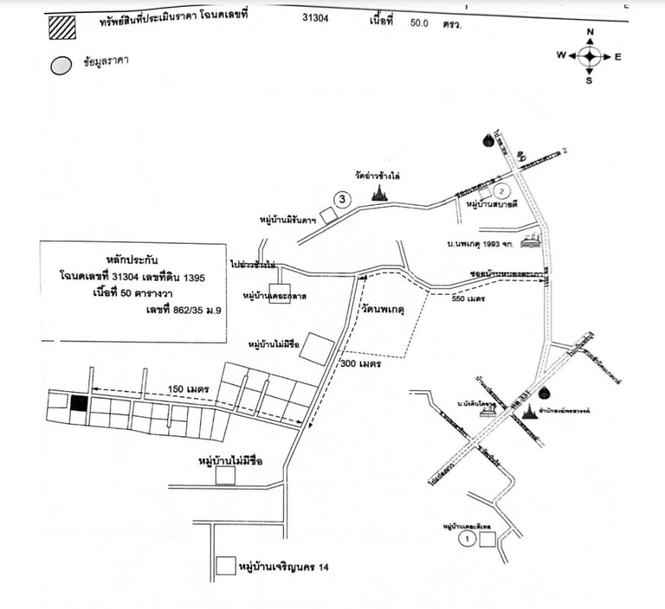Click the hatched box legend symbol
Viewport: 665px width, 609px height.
click(x=62, y=27)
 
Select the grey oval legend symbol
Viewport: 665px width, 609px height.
click(x=62, y=65)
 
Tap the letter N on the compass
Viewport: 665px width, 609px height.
click(x=590, y=32)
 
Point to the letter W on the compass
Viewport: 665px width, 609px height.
click(x=561, y=56)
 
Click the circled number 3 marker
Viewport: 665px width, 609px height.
click(x=343, y=200)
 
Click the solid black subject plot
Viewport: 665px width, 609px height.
click(x=78, y=403)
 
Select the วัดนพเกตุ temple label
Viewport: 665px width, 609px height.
click(x=382, y=311)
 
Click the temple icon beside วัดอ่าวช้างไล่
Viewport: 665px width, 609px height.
click(x=378, y=195)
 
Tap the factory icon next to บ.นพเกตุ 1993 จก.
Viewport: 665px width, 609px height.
click(x=535, y=242)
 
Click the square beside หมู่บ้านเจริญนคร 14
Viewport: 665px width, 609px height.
click(x=225, y=566)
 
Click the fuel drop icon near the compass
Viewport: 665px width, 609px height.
click(x=486, y=140)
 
